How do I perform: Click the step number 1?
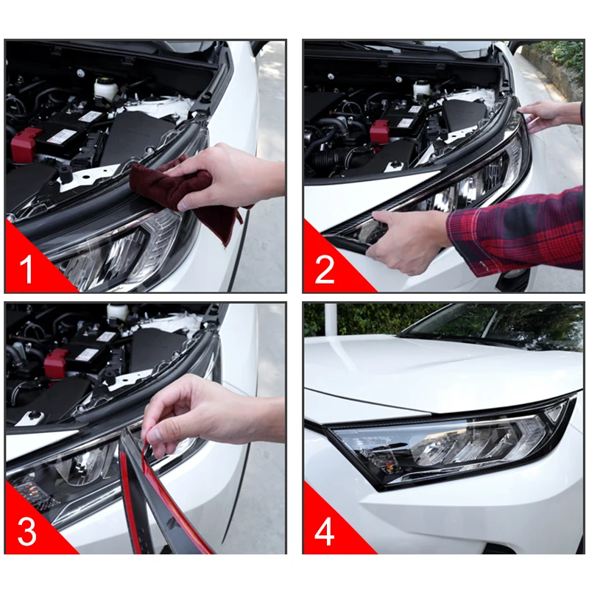pos(26,269)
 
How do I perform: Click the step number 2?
pos(325,269)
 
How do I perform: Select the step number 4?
pos(324,532)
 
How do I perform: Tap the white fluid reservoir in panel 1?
pos(102,90)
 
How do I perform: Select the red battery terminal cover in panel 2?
pos(381,131)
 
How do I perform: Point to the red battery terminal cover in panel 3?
pos(56,363)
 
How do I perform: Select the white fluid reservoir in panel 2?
pos(422,89)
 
